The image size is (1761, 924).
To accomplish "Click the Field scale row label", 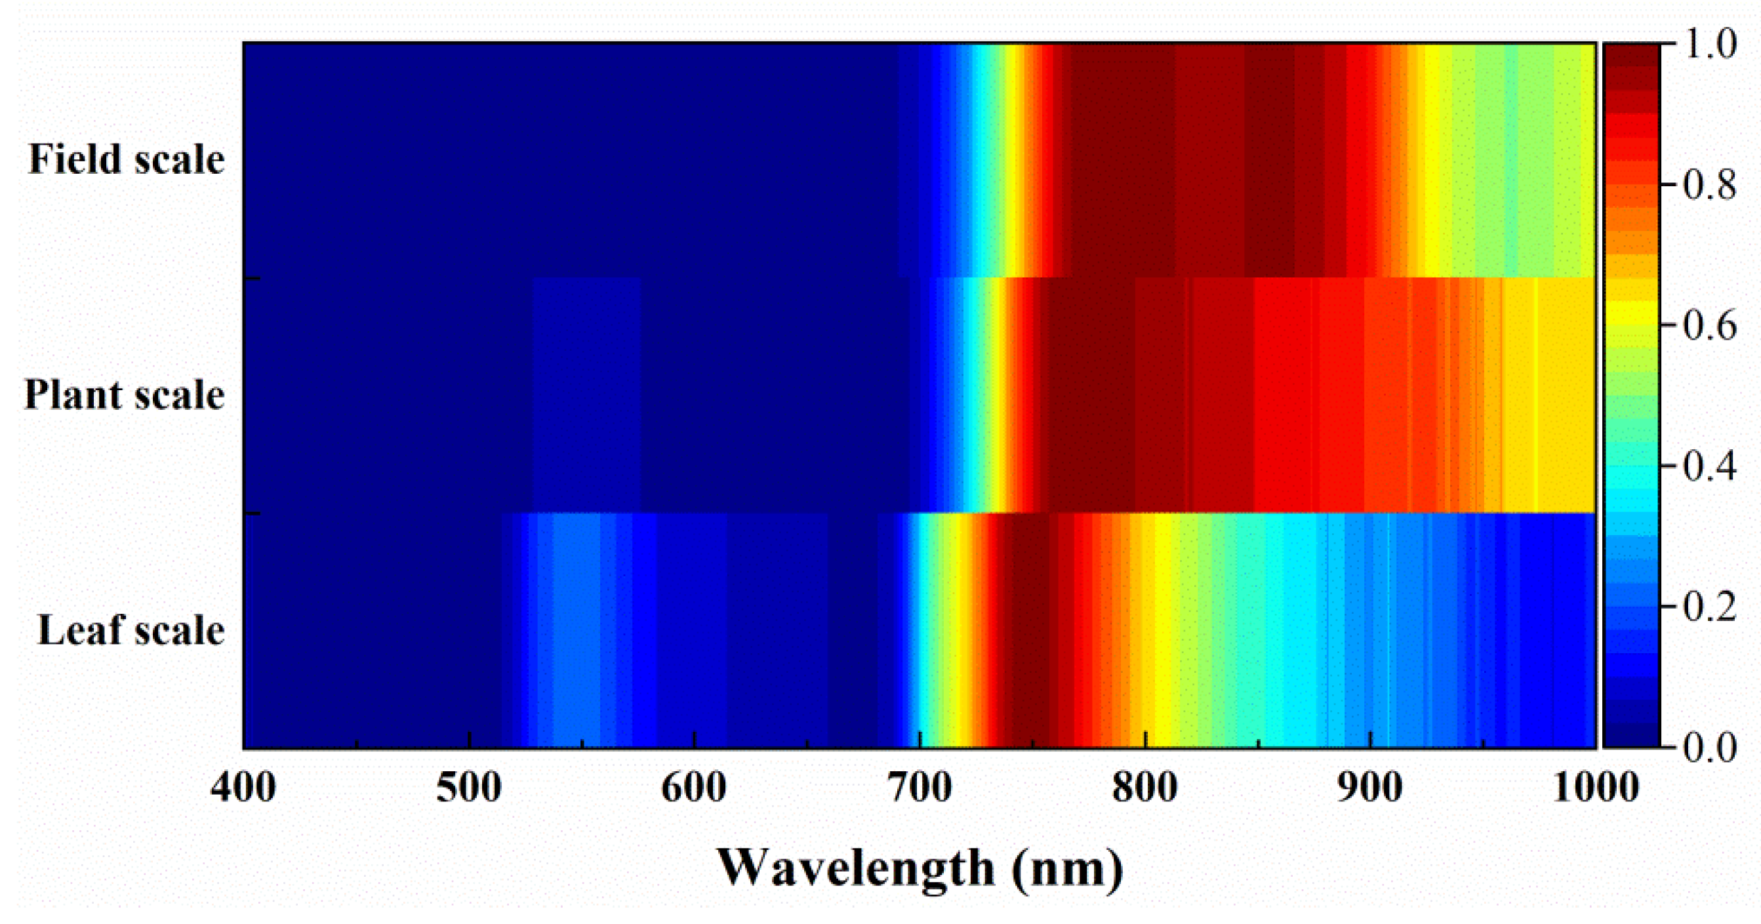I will [x=127, y=159].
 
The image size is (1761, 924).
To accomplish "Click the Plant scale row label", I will [x=125, y=395].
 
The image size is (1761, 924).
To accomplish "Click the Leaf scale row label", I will [x=131, y=630].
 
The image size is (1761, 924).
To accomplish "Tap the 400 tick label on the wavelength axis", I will [x=243, y=788].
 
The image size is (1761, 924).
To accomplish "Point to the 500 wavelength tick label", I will [x=469, y=788].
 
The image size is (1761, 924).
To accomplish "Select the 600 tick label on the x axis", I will [x=694, y=788].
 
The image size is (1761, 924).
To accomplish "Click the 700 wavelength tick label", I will [x=920, y=788].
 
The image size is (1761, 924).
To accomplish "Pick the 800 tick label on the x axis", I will [x=1145, y=788].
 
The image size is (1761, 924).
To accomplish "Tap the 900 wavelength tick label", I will [x=1370, y=788].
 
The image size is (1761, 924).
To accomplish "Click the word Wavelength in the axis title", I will [x=855, y=869].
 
